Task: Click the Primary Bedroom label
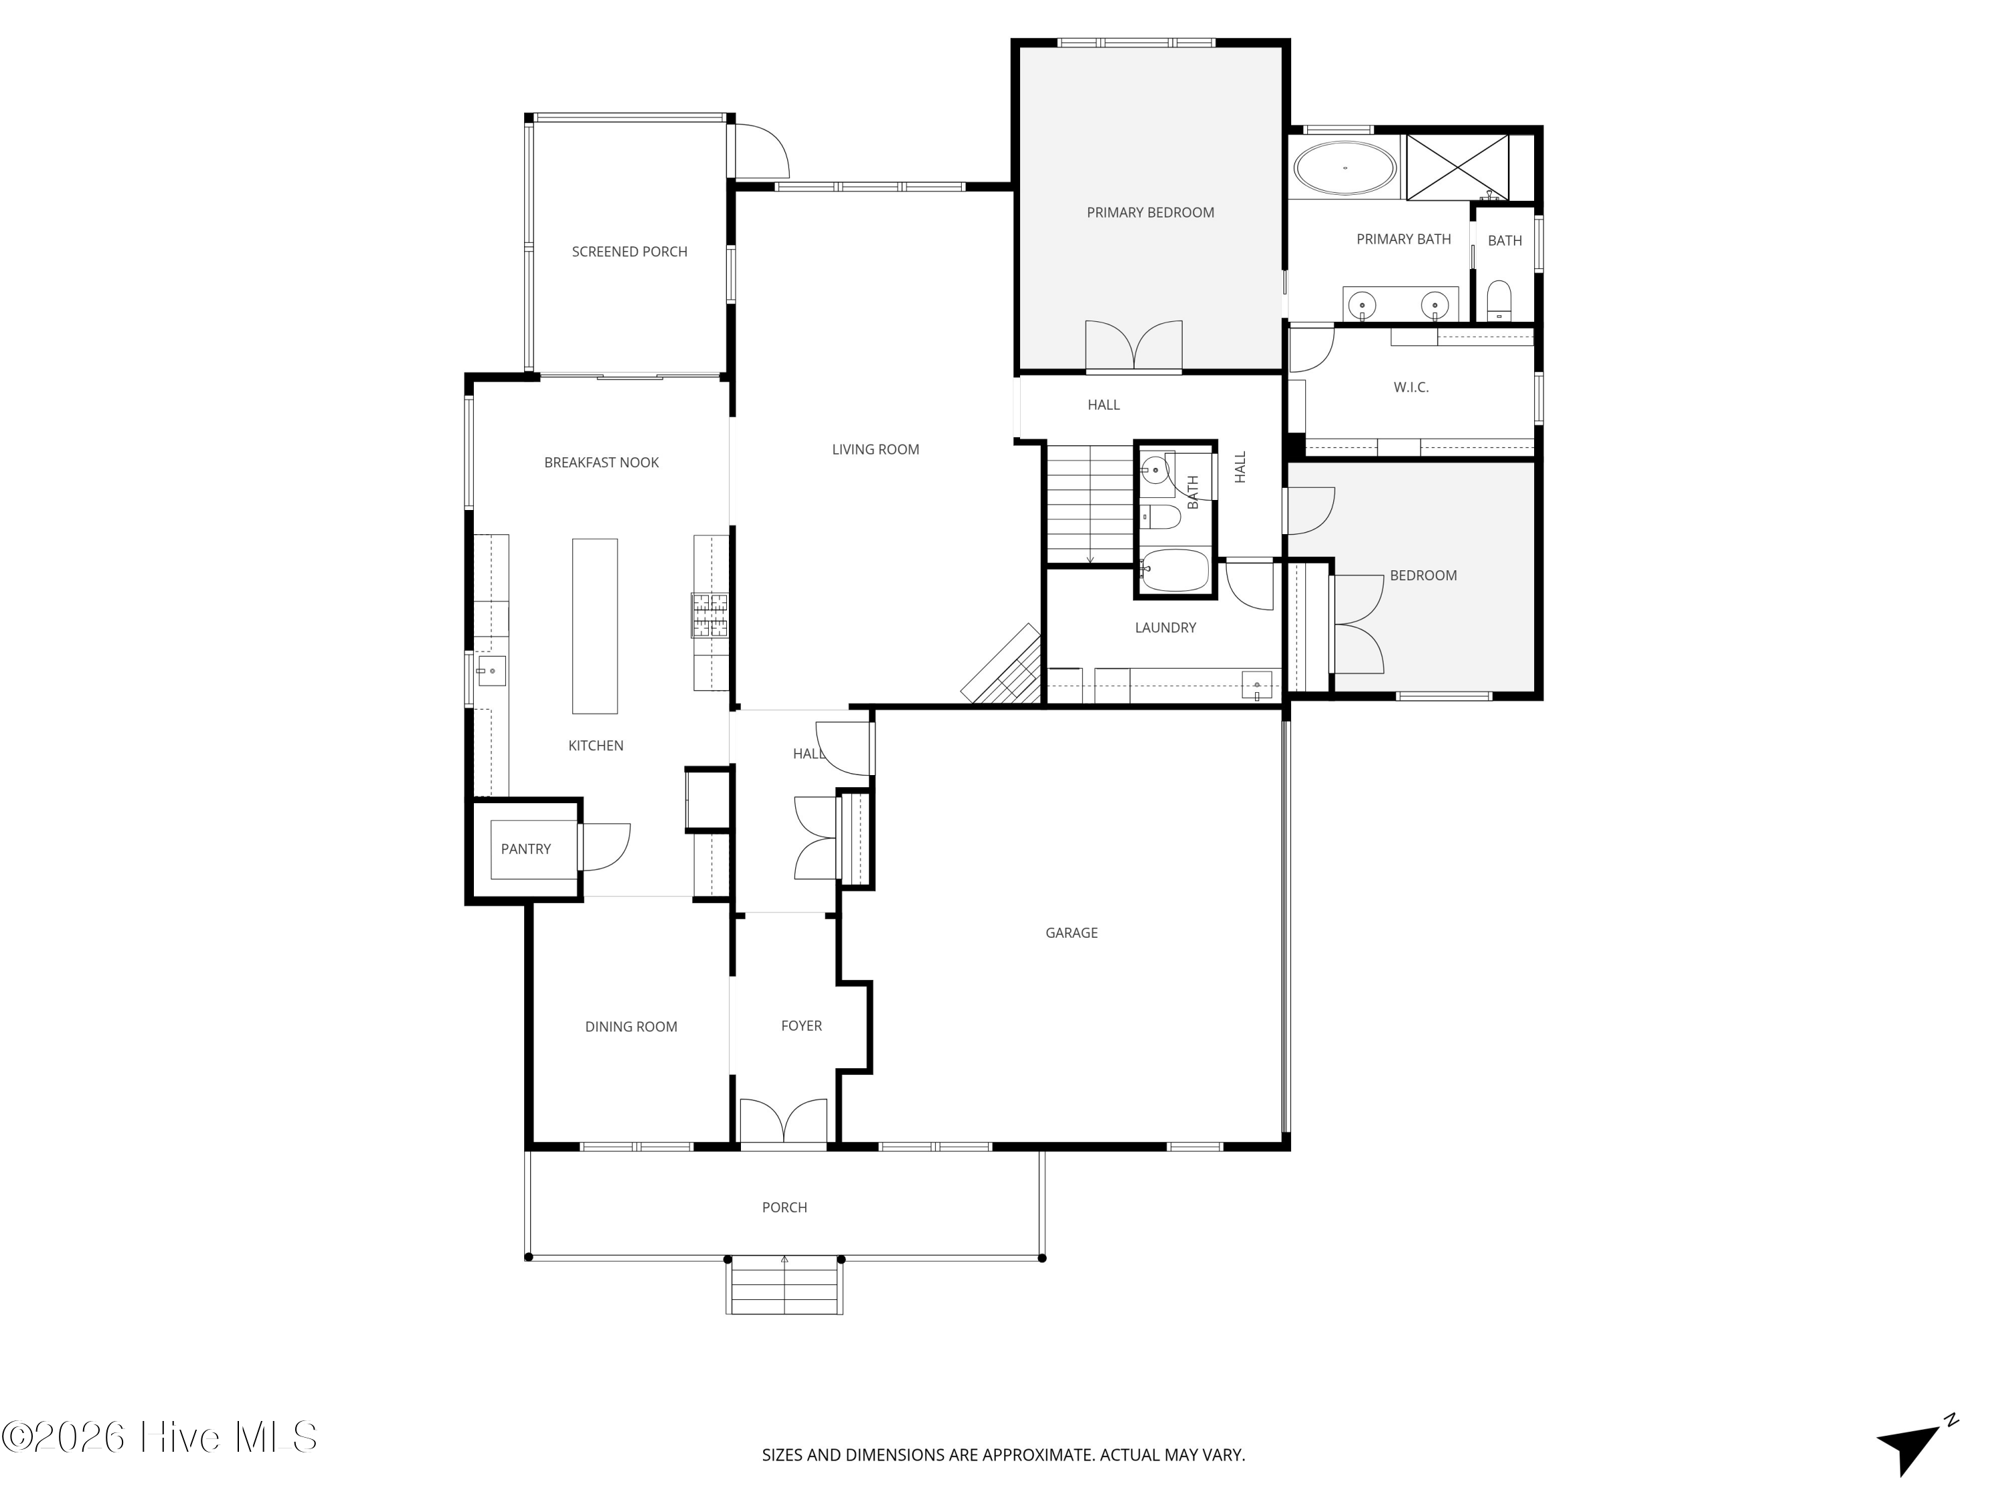click(1150, 212)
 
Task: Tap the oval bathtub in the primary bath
click(1345, 168)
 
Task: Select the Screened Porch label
click(629, 252)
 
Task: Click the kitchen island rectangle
click(594, 626)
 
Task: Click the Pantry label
click(525, 849)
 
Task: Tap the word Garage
click(1071, 932)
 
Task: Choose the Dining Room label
click(631, 1027)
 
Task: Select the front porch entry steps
click(784, 1286)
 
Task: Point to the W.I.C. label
click(1411, 388)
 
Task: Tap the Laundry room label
click(1165, 627)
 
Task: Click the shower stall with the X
click(1457, 167)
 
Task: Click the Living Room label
click(875, 449)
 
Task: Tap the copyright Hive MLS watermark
click(160, 1437)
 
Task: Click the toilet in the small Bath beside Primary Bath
click(1499, 301)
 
